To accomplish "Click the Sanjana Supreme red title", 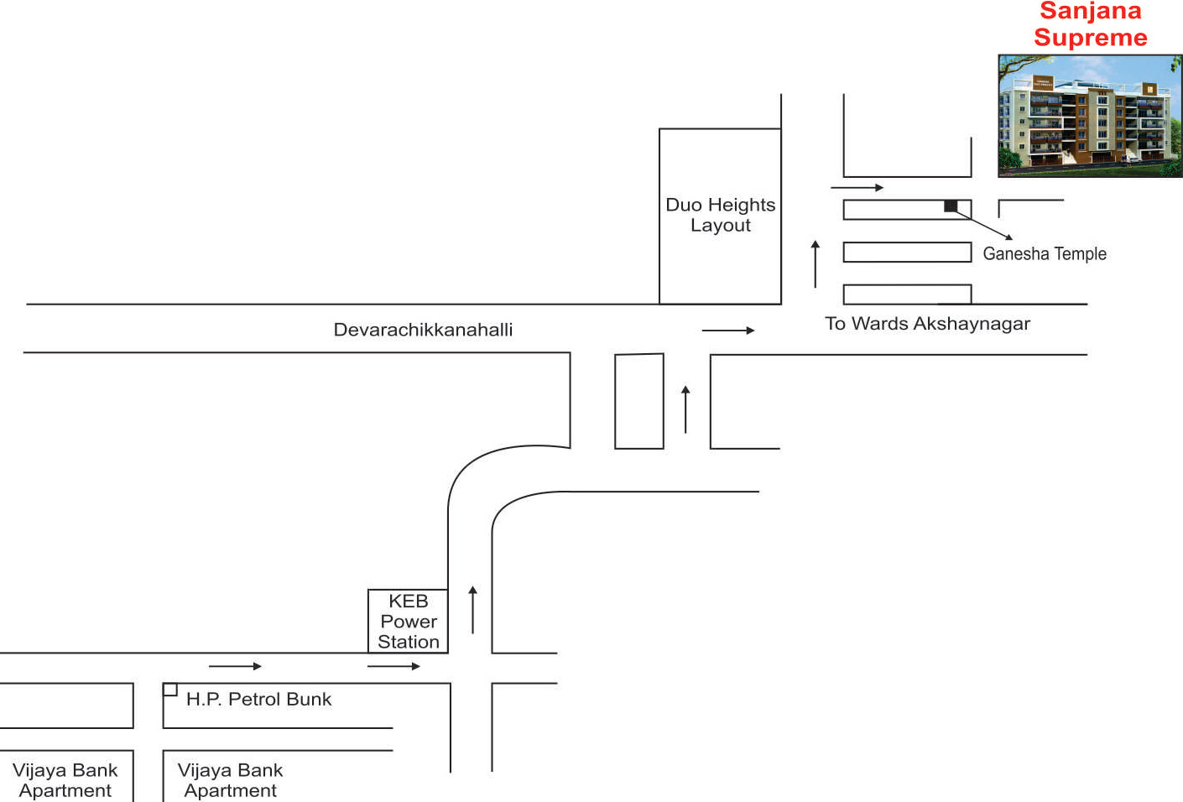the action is (x=1090, y=24).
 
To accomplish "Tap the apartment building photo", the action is (x=1090, y=116).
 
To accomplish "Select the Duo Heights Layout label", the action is (x=721, y=215).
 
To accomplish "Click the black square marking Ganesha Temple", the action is (x=951, y=206).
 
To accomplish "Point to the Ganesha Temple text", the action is (x=1044, y=254).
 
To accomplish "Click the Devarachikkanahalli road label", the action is (x=423, y=330).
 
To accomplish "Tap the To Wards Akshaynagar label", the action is (x=927, y=324).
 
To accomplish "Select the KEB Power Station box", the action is (x=408, y=621).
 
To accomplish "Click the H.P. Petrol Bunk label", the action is (x=258, y=699).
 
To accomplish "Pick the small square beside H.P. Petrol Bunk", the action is (x=170, y=690).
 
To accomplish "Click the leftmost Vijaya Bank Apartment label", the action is (x=65, y=780).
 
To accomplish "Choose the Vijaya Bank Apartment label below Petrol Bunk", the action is (x=230, y=780).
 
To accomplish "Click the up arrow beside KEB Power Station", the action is (x=472, y=610).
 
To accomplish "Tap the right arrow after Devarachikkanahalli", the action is (x=728, y=331).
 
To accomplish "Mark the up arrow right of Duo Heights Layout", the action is (x=816, y=264).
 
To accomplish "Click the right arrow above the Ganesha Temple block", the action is (x=857, y=187).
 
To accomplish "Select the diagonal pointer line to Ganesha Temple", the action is (x=982, y=225).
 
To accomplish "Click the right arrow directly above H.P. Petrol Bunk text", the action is (x=235, y=666).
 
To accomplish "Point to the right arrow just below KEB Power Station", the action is (x=393, y=666).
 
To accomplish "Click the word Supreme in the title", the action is (x=1091, y=38).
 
